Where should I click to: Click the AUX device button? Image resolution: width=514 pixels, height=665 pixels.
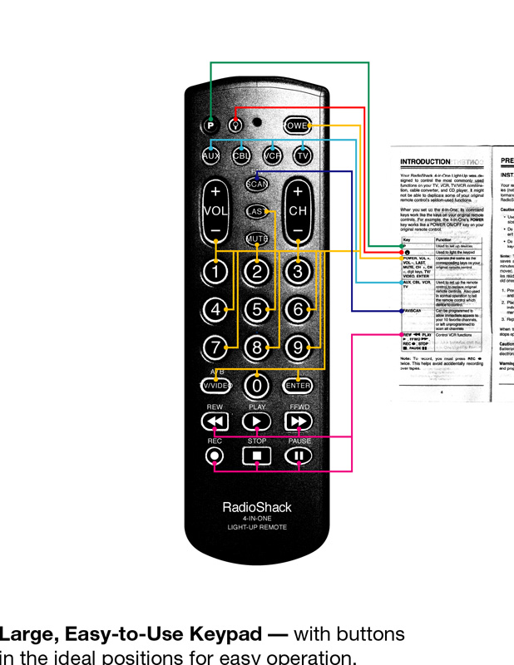(211, 155)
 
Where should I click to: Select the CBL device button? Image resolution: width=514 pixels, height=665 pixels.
(241, 155)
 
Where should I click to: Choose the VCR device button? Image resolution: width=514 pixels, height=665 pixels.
(272, 155)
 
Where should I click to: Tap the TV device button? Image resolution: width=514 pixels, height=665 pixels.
(303, 155)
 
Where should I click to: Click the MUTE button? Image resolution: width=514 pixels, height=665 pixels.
(257, 239)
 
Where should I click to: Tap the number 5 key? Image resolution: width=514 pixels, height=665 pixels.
(257, 309)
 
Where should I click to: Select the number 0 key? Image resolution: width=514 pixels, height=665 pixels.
(257, 386)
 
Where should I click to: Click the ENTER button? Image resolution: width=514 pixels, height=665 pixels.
(298, 386)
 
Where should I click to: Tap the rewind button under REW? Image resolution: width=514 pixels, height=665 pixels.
(215, 421)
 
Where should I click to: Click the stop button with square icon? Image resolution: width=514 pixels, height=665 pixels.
(257, 456)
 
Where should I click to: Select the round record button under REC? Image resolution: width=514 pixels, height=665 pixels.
(215, 456)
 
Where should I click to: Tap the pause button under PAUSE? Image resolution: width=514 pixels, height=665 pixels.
(299, 456)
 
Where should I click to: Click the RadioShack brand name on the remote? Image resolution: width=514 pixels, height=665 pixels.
(257, 507)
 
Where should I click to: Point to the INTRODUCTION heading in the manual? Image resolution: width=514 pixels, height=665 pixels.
(425, 161)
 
